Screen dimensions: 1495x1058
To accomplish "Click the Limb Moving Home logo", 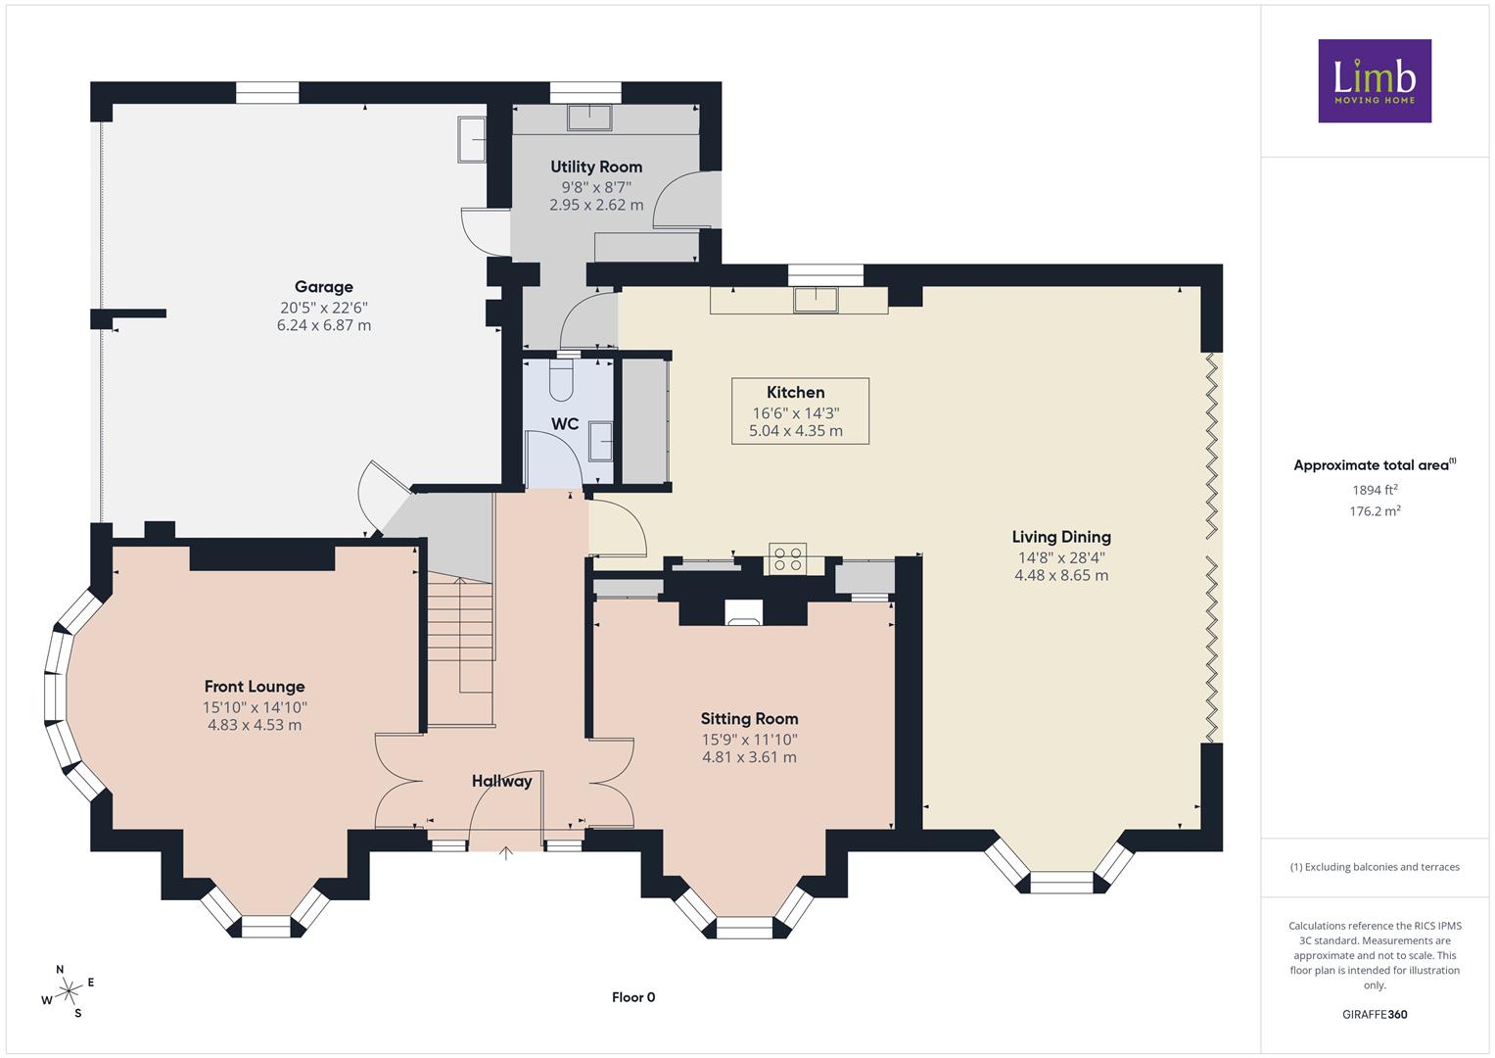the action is [1375, 80].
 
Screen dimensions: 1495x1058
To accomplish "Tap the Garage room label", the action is [324, 286].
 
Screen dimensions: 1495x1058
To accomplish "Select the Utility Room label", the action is [596, 167].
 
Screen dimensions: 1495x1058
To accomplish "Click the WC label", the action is [565, 424].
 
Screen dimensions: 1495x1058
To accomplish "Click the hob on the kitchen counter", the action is [787, 558].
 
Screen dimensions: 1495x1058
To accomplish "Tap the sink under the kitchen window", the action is [816, 300].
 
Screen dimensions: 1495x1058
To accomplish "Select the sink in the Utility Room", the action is [589, 118].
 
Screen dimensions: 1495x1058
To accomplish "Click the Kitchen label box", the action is [800, 410].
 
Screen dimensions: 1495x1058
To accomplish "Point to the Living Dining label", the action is [1061, 537].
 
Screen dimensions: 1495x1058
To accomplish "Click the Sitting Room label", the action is [749, 719].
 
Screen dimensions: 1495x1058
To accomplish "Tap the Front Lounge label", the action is [255, 687].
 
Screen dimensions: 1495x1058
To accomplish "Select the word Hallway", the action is [502, 781].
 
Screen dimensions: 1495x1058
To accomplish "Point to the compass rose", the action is [66, 991].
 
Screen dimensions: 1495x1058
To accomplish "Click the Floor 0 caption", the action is [633, 997].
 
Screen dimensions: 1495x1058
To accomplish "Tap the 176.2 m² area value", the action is [1375, 511].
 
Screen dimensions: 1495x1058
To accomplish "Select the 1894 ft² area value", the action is [1375, 490].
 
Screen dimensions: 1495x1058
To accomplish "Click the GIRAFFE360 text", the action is [1375, 1015].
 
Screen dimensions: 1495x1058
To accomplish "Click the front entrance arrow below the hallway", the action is [506, 853].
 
